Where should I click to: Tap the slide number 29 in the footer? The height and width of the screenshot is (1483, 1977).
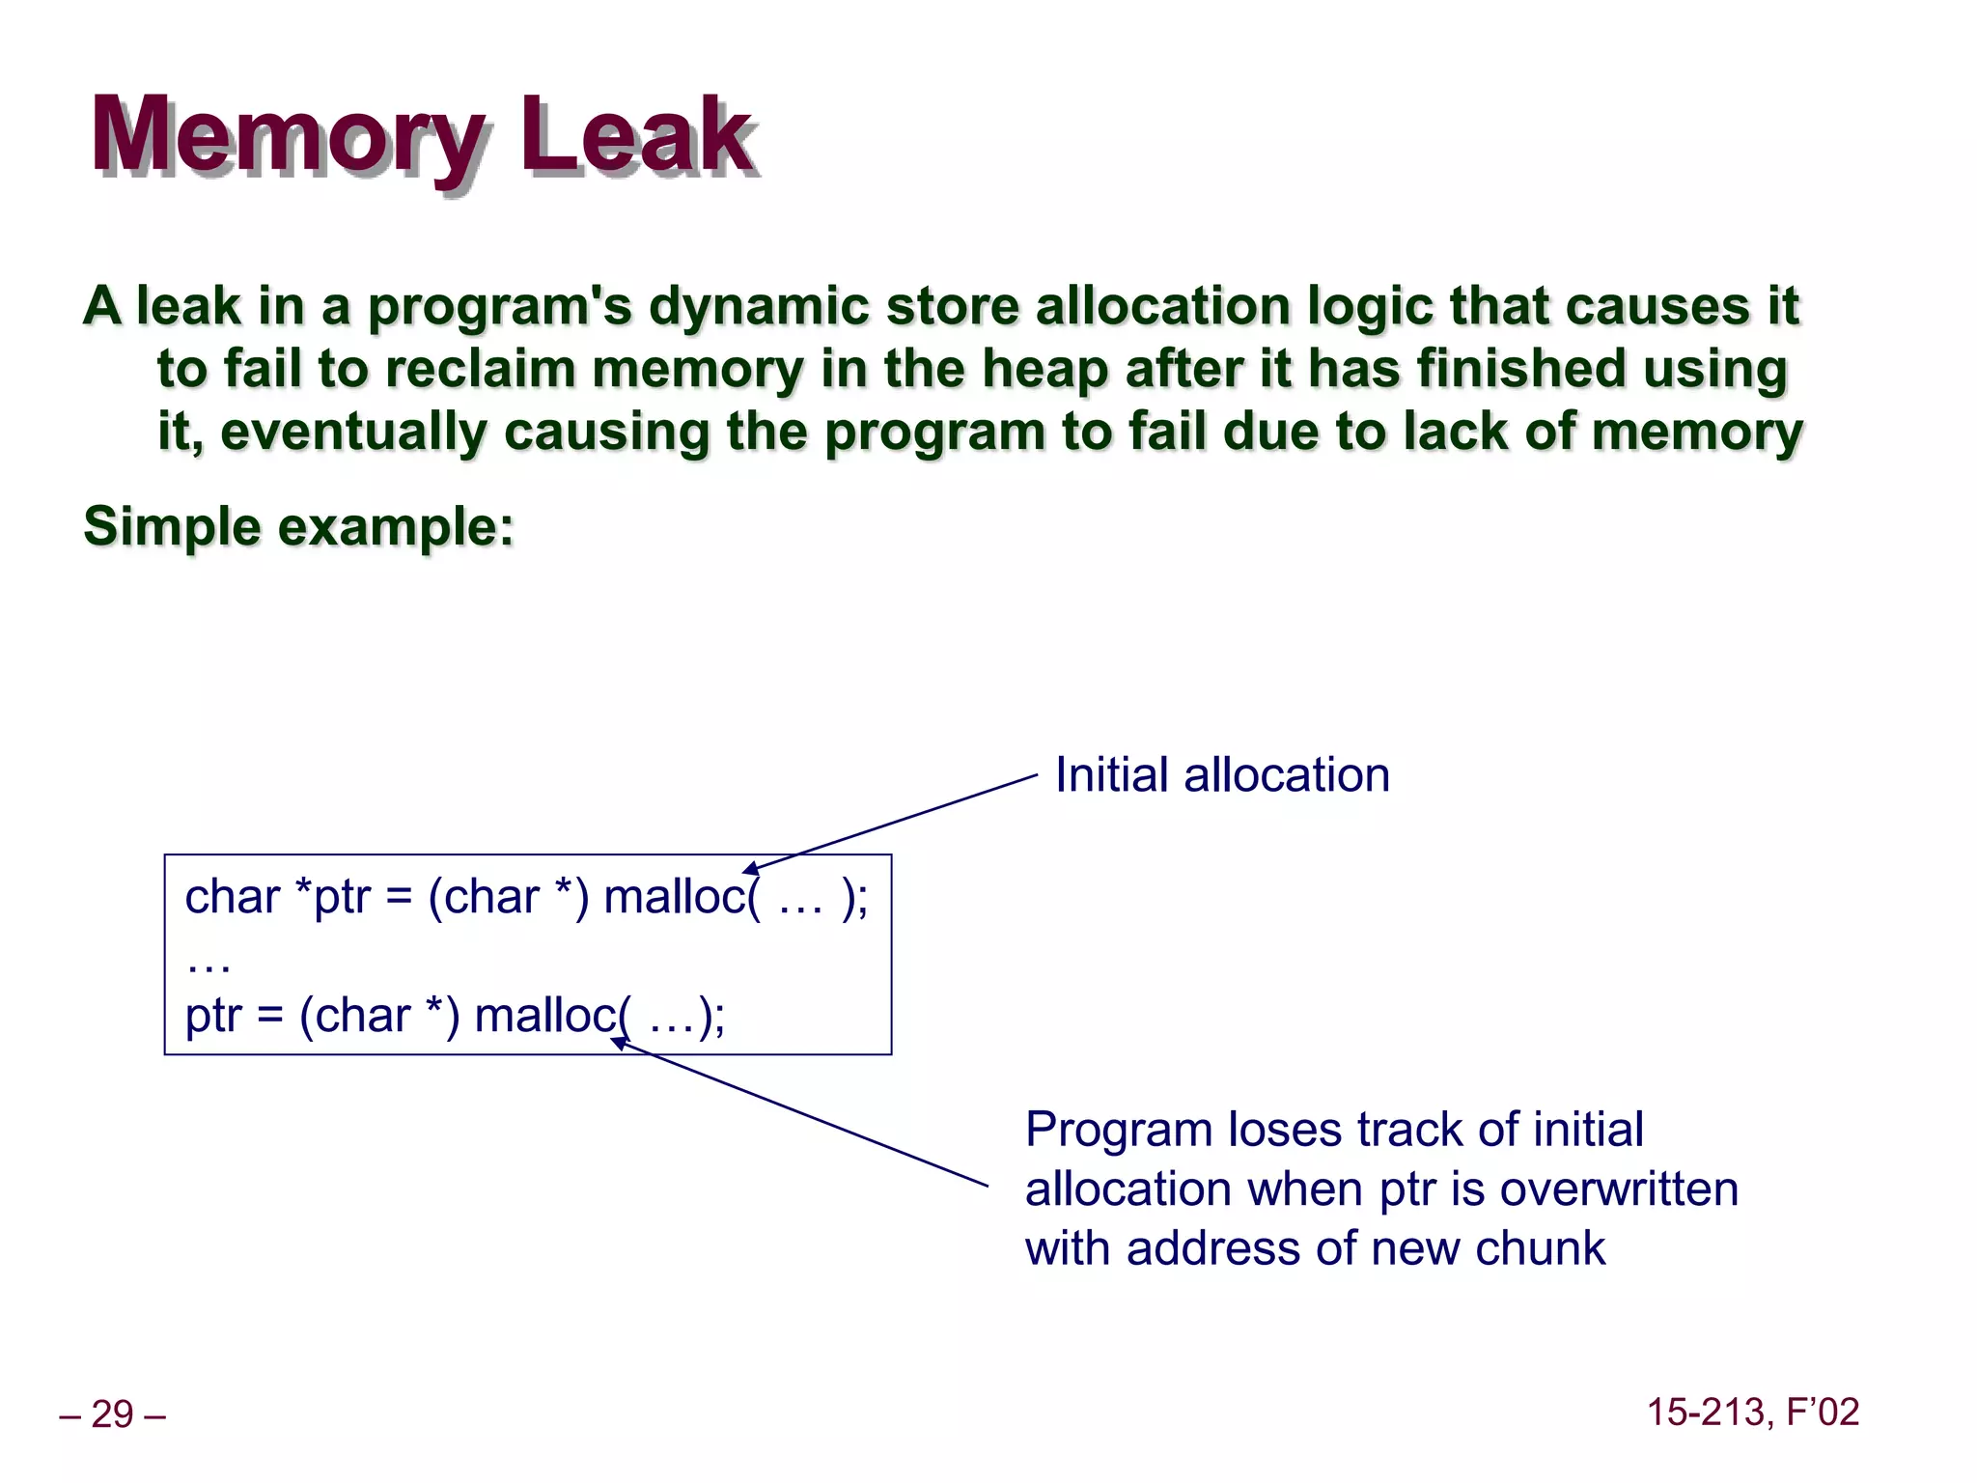point(112,1414)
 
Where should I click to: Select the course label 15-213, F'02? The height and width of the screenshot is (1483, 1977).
point(1752,1412)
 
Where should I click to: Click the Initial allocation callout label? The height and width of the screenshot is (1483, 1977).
point(1221,775)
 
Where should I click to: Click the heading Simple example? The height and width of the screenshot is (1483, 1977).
point(298,527)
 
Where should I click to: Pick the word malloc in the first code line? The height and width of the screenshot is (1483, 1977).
point(675,897)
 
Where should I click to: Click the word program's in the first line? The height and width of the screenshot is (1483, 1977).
point(499,307)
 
